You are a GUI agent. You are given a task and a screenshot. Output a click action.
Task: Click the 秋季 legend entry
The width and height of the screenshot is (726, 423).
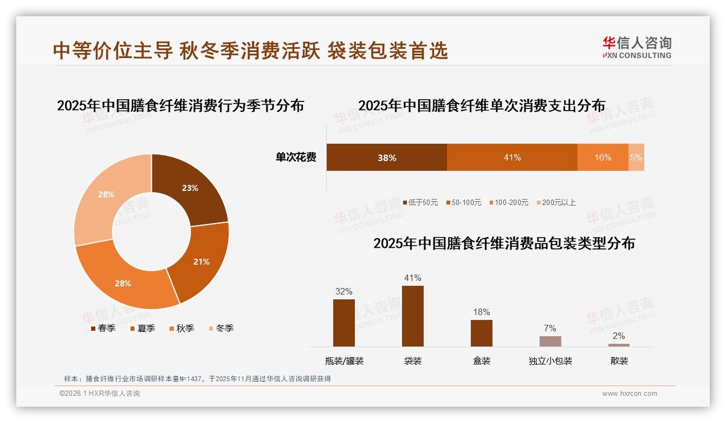[x=180, y=328]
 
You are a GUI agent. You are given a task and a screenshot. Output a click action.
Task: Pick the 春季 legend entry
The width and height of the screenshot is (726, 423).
[x=103, y=328]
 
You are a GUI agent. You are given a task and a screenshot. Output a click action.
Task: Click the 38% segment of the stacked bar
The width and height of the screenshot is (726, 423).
[x=386, y=157]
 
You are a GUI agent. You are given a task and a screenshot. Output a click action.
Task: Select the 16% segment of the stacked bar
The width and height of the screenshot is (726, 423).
[x=602, y=157]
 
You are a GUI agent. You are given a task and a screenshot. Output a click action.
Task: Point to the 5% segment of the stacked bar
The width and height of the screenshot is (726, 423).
[x=636, y=157]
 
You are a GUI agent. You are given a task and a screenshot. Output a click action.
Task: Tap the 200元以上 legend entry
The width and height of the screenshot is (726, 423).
[x=556, y=202]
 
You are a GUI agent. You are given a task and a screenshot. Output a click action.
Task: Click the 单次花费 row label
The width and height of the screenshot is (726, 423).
[x=296, y=157]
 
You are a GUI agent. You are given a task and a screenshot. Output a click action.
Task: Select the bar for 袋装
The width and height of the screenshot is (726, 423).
[x=412, y=316]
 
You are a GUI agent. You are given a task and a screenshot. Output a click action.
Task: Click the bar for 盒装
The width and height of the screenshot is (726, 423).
[x=481, y=333]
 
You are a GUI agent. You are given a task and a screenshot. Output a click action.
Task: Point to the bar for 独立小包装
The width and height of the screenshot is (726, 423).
[x=550, y=341]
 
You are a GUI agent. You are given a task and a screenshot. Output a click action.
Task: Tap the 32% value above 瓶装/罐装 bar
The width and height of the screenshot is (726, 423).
[x=343, y=291]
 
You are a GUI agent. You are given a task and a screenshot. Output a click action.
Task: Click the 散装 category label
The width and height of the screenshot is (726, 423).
[x=619, y=361]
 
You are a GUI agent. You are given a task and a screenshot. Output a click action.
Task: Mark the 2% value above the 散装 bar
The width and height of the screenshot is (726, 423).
[x=619, y=336]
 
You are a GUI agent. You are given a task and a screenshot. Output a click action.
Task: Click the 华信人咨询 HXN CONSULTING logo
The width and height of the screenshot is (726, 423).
[x=637, y=47]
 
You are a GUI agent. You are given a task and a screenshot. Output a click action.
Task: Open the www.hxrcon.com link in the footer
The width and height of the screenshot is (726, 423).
[x=630, y=394]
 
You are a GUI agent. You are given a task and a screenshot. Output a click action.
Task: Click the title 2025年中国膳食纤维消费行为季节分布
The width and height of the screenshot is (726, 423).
[x=180, y=105]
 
